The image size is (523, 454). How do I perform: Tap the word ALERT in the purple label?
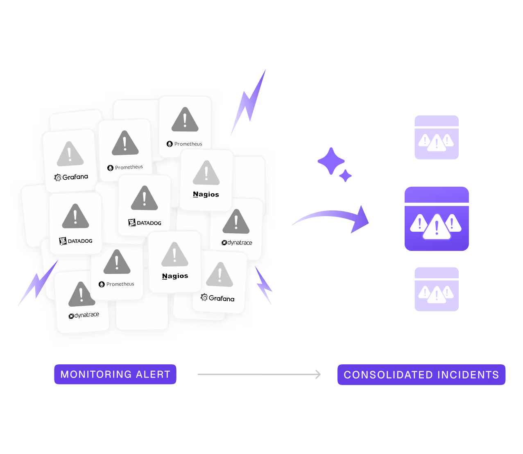(x=154, y=374)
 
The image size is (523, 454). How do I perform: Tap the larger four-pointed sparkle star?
(x=331, y=161)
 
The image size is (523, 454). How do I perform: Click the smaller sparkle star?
(x=345, y=176)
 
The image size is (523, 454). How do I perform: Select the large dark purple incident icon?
(x=437, y=219)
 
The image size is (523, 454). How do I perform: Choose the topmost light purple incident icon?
(x=437, y=137)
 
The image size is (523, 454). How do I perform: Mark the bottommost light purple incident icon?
(x=437, y=289)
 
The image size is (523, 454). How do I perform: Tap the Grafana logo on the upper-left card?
(x=71, y=177)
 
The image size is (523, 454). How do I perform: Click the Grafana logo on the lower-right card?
(x=217, y=298)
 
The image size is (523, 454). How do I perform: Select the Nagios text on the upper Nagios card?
(x=206, y=194)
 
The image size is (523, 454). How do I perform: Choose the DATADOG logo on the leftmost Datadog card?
(x=76, y=241)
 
